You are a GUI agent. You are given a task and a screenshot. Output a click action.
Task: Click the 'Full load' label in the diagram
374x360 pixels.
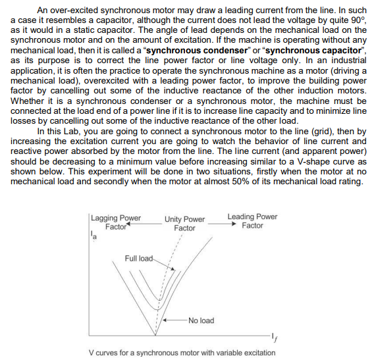pyautogui.click(x=138, y=257)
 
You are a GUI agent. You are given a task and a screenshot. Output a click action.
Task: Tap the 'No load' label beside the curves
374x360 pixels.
pyautogui.click(x=201, y=321)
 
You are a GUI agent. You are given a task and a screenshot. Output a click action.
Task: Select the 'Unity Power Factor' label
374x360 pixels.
pyautogui.click(x=184, y=223)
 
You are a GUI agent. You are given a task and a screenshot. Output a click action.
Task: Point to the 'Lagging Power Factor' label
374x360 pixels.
pyautogui.click(x=116, y=222)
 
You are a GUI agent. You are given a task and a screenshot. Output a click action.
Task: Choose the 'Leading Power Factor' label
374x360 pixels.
pyautogui.click(x=252, y=220)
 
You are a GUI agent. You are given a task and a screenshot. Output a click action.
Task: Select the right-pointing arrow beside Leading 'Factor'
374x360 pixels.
pyautogui.click(x=234, y=226)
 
